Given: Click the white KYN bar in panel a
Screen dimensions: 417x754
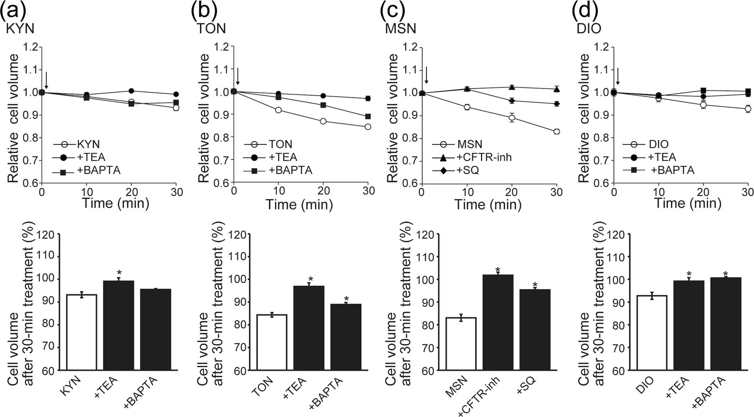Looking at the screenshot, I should point(82,332).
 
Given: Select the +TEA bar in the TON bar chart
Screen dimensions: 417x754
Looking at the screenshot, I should point(309,328).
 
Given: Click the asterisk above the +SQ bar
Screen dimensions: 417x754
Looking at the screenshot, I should point(535,285).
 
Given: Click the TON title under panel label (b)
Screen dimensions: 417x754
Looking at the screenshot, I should point(211,29).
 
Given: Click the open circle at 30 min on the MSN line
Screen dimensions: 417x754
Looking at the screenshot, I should point(556,132).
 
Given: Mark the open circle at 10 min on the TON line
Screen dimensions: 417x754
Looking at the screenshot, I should point(279,110).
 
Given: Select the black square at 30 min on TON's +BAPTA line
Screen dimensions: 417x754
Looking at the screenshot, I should point(368,116).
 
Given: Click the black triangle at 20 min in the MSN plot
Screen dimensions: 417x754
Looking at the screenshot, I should point(512,87).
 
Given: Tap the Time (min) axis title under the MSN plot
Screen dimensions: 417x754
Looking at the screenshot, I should point(488,205).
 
